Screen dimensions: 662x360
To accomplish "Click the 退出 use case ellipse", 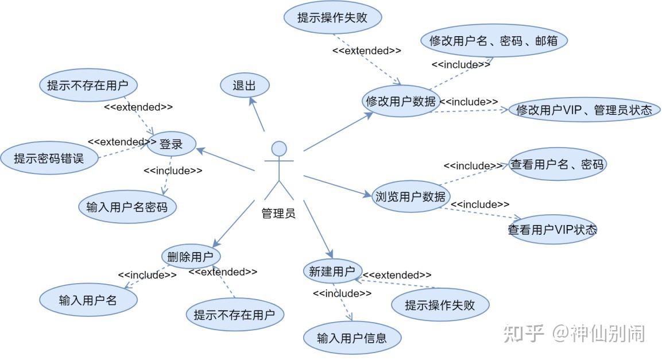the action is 245,86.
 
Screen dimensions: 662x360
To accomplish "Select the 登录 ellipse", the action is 171,144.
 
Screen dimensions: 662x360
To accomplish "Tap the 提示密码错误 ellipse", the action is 49,158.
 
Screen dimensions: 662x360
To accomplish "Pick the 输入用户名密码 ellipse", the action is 127,207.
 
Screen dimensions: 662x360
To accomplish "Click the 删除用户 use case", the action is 191,256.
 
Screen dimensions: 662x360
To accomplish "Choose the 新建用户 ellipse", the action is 332,272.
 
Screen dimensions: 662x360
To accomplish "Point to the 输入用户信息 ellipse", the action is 351,338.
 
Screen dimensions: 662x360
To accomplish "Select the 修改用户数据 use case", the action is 401,101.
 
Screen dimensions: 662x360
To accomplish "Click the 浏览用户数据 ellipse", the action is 410,196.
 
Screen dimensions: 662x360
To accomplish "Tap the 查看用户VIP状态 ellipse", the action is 552,230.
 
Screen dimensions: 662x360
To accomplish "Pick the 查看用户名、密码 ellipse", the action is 557,165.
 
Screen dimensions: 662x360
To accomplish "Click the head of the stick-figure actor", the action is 279,149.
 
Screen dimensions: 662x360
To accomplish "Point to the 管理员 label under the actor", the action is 278,214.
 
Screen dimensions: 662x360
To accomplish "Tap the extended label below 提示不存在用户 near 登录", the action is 138,107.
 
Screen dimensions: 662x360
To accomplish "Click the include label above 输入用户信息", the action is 342,293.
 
